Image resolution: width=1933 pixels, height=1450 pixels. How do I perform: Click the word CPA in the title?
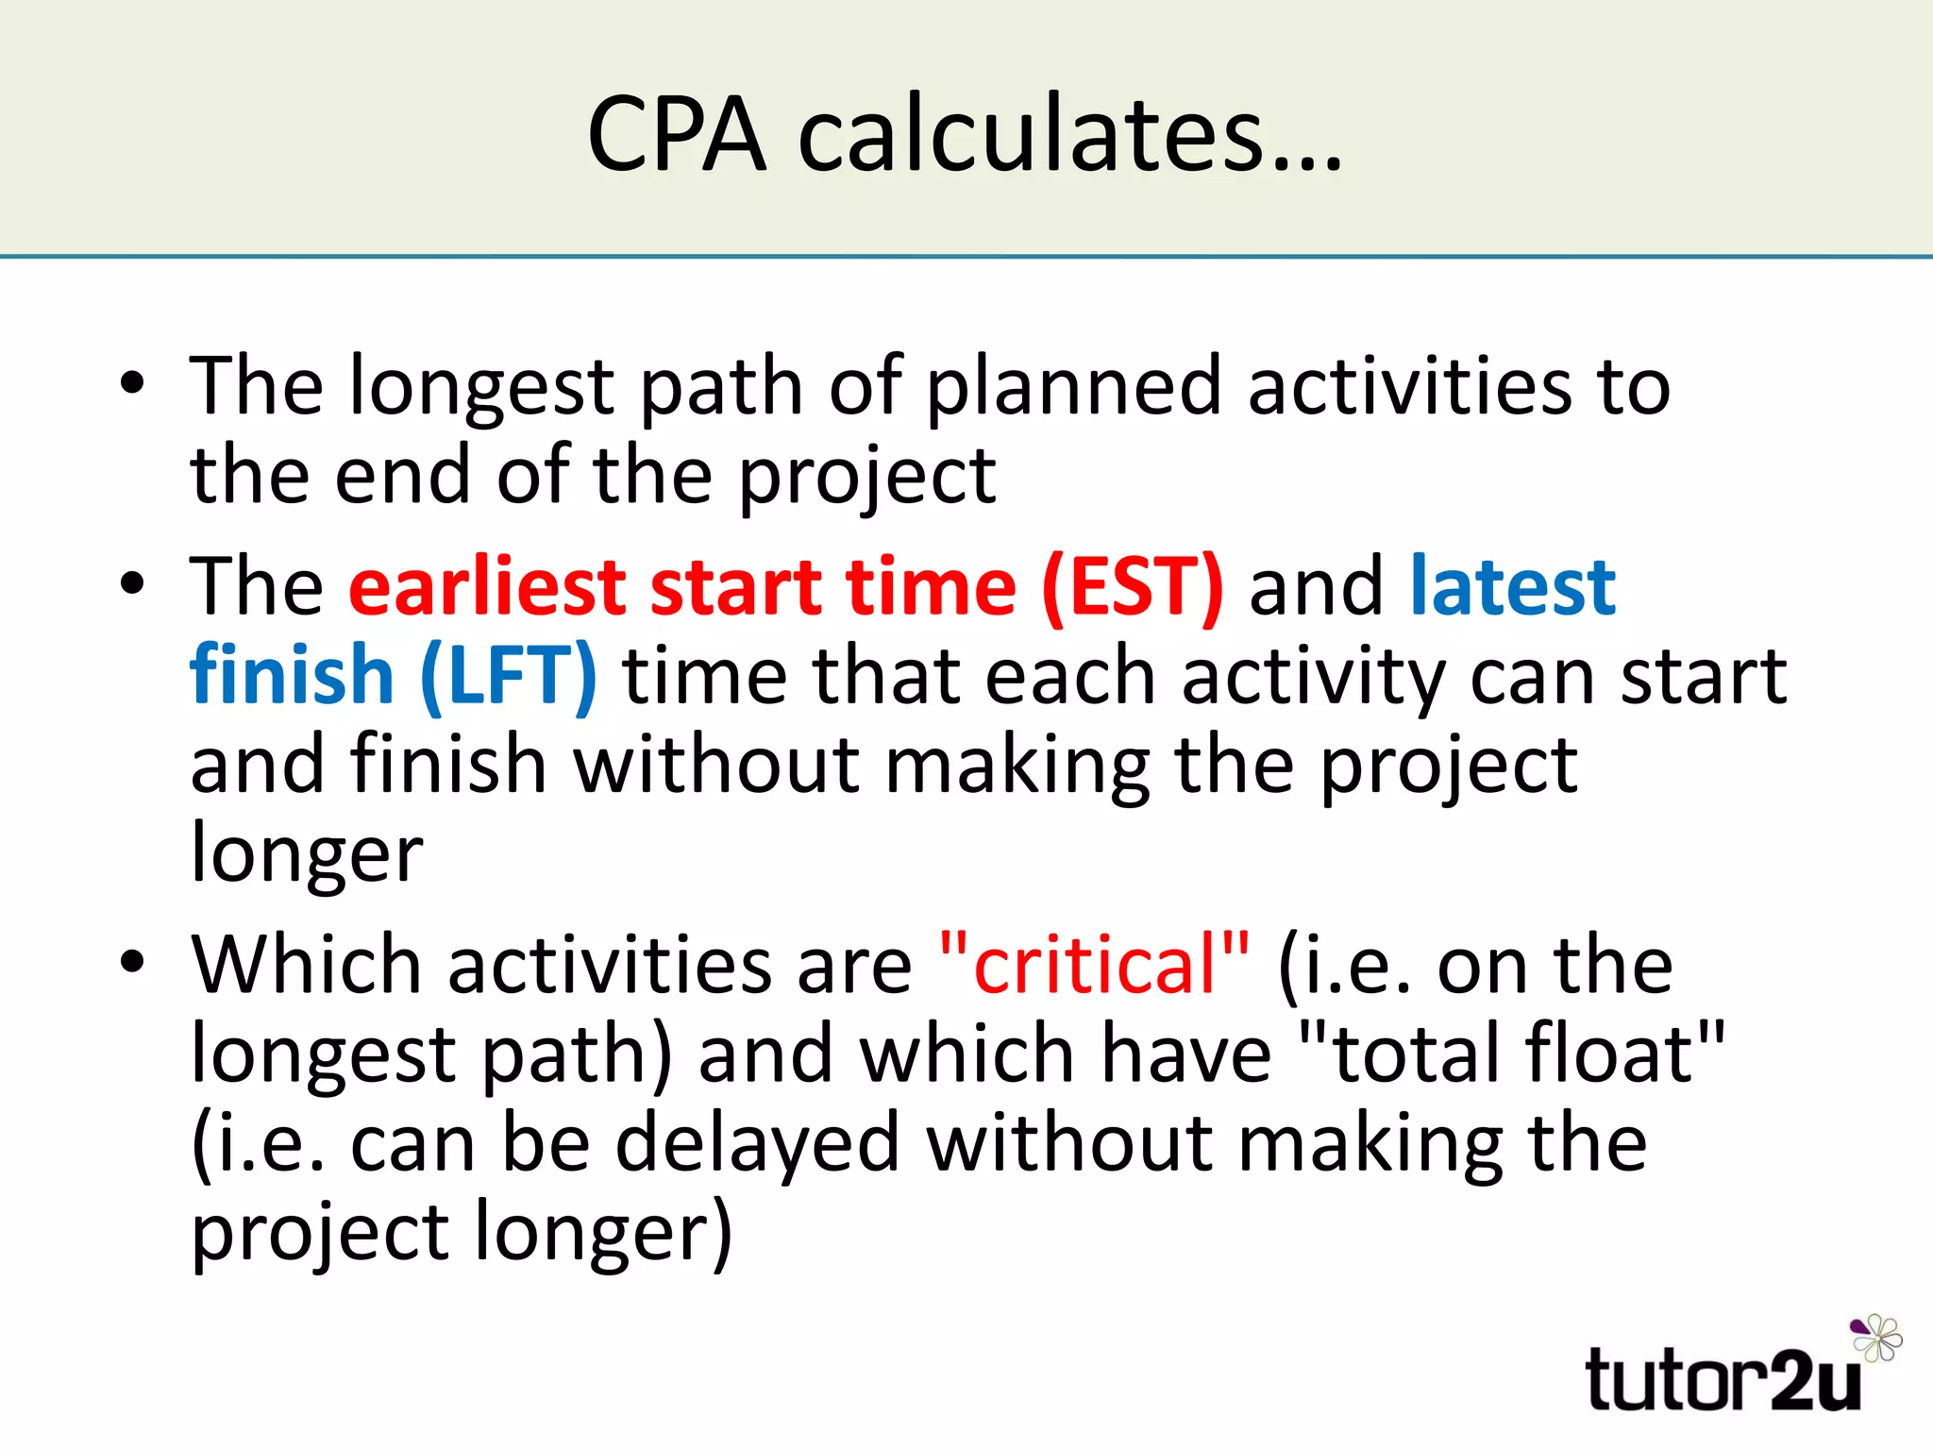[x=676, y=134]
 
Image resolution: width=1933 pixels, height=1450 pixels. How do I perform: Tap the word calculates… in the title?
[x=1070, y=134]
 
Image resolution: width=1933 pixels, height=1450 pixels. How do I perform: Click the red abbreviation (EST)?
[x=1133, y=587]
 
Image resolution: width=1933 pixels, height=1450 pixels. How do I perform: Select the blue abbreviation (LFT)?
[x=509, y=676]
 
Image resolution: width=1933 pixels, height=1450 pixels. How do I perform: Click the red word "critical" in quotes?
[x=1095, y=965]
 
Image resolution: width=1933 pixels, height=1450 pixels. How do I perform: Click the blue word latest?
[x=1513, y=587]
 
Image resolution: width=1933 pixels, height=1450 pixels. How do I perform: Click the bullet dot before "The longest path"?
[x=133, y=384]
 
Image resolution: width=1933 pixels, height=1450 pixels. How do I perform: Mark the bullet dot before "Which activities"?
[x=133, y=962]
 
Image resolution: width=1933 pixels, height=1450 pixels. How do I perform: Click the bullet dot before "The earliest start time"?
[x=133, y=584]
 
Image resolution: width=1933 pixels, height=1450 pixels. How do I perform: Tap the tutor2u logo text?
[x=1723, y=1380]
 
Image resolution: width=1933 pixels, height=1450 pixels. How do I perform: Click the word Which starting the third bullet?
[x=306, y=965]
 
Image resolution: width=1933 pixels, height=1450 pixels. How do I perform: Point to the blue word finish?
[x=292, y=676]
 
